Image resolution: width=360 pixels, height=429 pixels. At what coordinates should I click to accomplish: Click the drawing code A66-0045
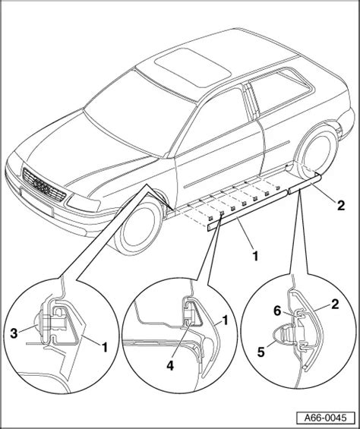pyautogui.click(x=326, y=418)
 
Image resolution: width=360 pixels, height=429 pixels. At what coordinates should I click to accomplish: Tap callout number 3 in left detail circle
pyautogui.click(x=14, y=333)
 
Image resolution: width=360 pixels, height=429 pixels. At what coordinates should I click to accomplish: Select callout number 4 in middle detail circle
pyautogui.click(x=170, y=365)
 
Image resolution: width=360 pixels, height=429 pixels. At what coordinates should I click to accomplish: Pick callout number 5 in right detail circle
pyautogui.click(x=261, y=352)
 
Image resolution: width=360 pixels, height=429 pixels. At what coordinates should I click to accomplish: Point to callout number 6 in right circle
pyautogui.click(x=278, y=311)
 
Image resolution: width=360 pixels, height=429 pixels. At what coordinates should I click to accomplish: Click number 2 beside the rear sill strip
pyautogui.click(x=341, y=206)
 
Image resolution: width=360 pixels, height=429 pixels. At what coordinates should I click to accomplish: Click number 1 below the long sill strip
pyautogui.click(x=255, y=257)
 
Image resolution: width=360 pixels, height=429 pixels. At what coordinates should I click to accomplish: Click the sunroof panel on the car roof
pyautogui.click(x=193, y=68)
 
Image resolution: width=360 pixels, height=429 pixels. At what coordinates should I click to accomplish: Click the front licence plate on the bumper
pyautogui.click(x=36, y=202)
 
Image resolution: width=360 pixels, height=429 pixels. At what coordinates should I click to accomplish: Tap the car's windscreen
pyautogui.click(x=138, y=114)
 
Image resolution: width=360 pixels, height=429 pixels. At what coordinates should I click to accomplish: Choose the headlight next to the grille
pyautogui.click(x=84, y=203)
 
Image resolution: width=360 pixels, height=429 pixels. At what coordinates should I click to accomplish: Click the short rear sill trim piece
pyautogui.click(x=305, y=184)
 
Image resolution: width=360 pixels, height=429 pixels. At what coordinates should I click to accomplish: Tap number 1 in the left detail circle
pyautogui.click(x=104, y=347)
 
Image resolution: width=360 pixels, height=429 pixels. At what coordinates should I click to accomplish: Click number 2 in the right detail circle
pyautogui.click(x=335, y=304)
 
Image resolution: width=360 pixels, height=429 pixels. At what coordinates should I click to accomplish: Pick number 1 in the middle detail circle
pyautogui.click(x=225, y=320)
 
